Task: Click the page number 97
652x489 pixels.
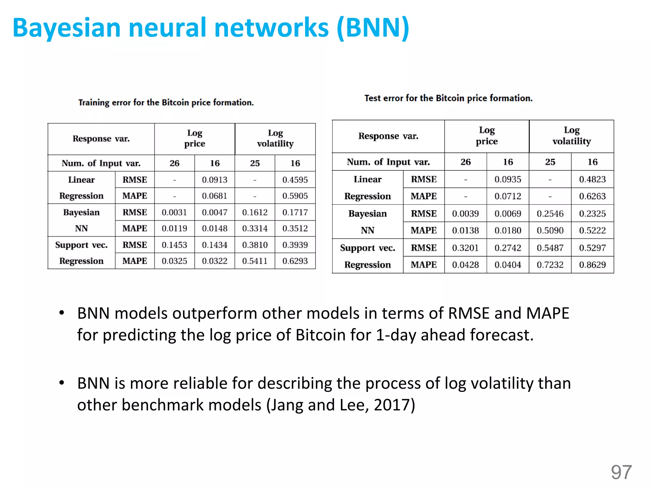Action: coord(621,472)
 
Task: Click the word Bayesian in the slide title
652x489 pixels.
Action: coord(67,28)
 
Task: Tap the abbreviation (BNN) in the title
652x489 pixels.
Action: coord(373,28)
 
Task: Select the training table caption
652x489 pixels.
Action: coord(166,103)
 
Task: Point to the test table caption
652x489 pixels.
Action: coord(448,98)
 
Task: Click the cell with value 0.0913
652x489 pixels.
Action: coord(215,180)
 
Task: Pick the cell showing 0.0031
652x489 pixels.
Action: coord(174,212)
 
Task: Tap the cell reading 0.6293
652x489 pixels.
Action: coord(295,261)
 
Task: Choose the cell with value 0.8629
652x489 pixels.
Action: coord(592,265)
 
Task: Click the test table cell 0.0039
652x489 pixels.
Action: coord(465,214)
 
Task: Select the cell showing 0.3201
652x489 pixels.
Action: coord(465,248)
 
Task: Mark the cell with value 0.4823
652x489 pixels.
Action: coord(592,179)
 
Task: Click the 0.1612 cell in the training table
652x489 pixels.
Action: coord(255,212)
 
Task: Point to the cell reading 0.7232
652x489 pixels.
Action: coord(550,265)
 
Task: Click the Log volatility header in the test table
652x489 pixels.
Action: coord(571,136)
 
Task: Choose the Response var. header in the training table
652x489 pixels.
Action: coord(101,139)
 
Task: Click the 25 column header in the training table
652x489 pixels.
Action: coord(255,163)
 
